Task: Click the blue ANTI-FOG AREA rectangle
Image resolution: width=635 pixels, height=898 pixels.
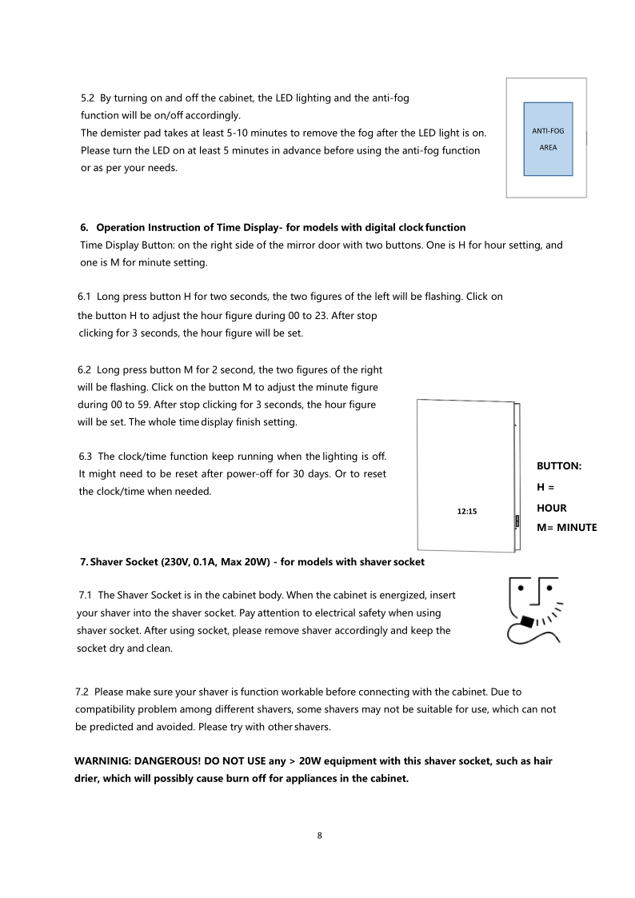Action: point(548,138)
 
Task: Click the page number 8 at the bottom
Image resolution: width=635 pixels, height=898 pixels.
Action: point(320,836)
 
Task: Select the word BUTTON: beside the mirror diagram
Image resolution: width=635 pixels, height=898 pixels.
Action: point(558,465)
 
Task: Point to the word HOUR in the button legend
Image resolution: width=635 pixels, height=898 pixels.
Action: point(551,508)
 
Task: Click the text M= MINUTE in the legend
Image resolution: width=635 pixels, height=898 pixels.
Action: point(566,527)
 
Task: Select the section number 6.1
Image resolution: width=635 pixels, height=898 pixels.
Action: point(85,297)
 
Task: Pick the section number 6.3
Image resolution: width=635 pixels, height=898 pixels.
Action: point(86,457)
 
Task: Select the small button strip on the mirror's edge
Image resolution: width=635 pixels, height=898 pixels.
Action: point(517,521)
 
